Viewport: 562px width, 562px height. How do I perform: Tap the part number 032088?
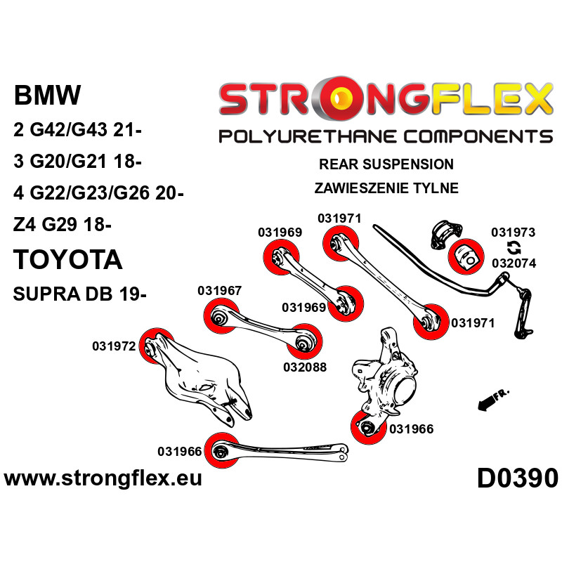[304, 366]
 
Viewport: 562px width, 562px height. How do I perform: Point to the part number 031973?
[513, 233]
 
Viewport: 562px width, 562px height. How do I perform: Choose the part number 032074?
[514, 263]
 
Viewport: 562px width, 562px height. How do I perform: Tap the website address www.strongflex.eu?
[103, 479]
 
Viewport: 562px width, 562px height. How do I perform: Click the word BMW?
[48, 96]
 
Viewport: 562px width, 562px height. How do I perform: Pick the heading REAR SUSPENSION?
[386, 164]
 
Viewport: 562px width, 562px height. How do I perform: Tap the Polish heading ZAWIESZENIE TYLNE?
[387, 188]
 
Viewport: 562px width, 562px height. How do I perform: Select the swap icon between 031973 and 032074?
[514, 248]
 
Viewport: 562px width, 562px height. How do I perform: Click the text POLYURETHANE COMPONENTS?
[386, 136]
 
